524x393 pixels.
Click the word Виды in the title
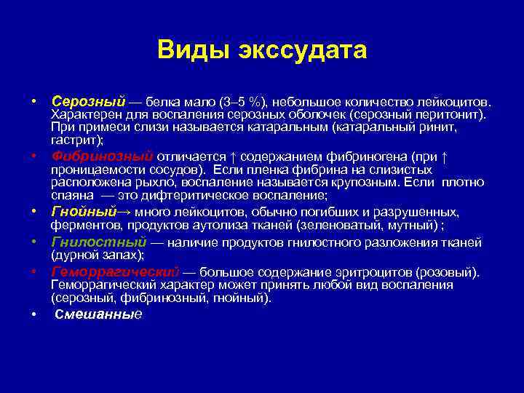pyautogui.click(x=188, y=50)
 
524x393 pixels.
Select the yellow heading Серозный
pyautogui.click(x=88, y=99)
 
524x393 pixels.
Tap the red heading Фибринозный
pyautogui.click(x=102, y=156)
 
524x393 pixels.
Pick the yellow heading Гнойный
pyautogui.click(x=84, y=212)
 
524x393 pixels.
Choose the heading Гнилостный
pyautogui.click(x=98, y=242)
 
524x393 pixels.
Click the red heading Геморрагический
pyautogui.click(x=115, y=272)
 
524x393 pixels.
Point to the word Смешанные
pyautogui.click(x=98, y=314)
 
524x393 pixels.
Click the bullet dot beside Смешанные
pyautogui.click(x=34, y=314)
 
